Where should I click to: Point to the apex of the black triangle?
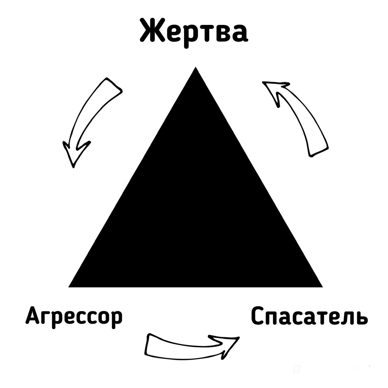click(x=196, y=68)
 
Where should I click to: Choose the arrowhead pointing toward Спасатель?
click(x=226, y=346)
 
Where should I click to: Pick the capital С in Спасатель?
click(x=259, y=316)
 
